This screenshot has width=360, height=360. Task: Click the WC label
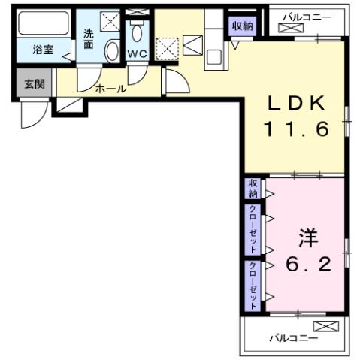coord(136,54)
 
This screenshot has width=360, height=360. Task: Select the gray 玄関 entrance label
coord(34,83)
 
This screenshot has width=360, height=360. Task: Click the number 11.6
coord(295,129)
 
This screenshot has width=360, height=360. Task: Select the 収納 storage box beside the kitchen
coord(242,26)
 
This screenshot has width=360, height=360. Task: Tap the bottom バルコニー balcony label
coord(292,338)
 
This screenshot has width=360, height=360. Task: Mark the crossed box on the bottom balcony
coord(326,326)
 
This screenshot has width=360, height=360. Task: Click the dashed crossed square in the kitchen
coord(166,48)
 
